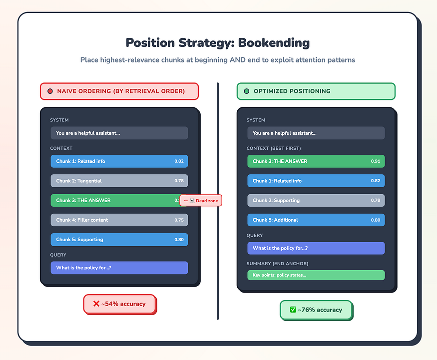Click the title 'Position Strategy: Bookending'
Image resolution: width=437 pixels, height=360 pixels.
[x=218, y=43]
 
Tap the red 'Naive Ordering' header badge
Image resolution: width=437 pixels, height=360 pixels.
[x=119, y=91]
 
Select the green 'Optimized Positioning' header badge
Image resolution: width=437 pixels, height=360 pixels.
[x=316, y=91]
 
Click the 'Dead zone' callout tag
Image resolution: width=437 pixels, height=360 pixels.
[x=200, y=200]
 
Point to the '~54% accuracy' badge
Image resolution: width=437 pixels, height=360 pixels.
[x=119, y=304]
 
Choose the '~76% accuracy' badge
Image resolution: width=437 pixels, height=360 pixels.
[x=316, y=310]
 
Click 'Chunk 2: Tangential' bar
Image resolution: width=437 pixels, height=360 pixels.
[x=119, y=181]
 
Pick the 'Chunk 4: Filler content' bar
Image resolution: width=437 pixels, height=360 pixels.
[x=119, y=220]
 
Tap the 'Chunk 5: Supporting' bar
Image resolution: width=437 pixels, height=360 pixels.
[x=119, y=239]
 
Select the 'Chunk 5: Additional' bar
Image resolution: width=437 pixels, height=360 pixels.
[x=316, y=220]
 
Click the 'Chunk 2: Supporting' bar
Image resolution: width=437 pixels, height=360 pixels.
[x=316, y=200]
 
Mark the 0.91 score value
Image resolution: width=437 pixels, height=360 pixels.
[x=376, y=161]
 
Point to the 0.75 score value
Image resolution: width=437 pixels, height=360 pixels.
[x=179, y=220]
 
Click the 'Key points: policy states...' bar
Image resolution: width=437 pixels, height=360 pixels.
[x=316, y=275]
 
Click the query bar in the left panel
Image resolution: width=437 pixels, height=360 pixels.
[x=119, y=268]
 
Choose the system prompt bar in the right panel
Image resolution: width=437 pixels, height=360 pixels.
[x=316, y=133]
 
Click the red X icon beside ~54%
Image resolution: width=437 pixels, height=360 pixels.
[x=96, y=304]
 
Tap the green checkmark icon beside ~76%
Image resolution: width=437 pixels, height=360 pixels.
[x=293, y=310]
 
